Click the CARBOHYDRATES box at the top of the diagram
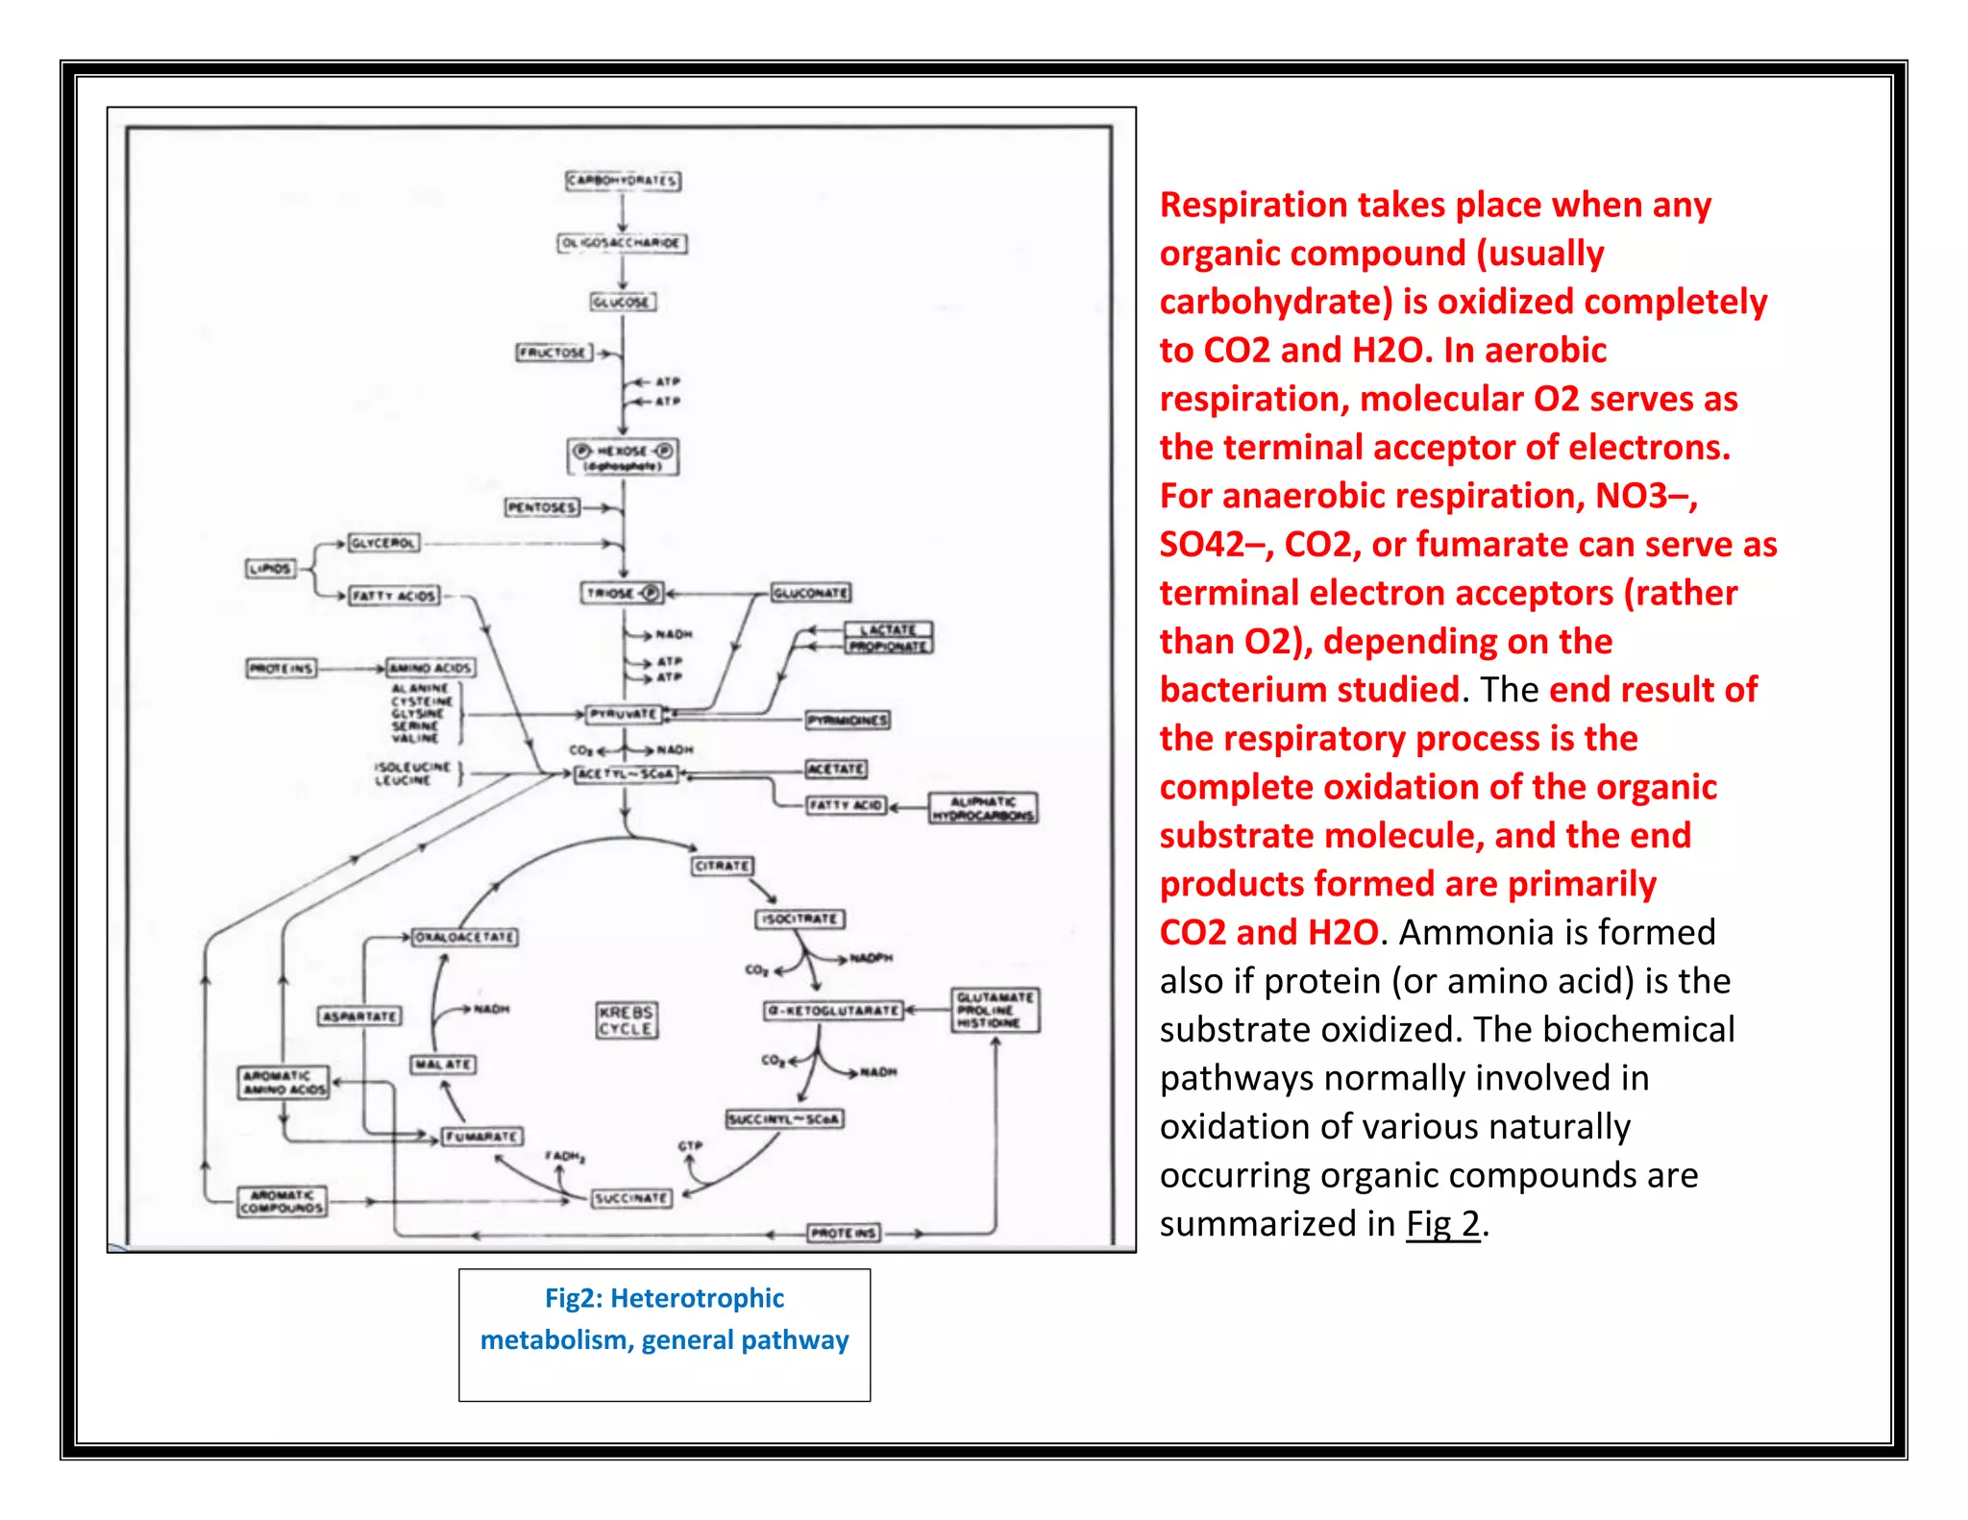[623, 181]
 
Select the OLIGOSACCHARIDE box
[623, 243]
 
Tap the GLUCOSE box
[623, 302]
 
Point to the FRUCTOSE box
[553, 353]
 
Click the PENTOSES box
[543, 507]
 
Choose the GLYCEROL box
[383, 544]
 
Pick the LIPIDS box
[270, 569]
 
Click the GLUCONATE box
[811, 594]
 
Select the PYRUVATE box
[624, 714]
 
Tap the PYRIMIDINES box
[848, 721]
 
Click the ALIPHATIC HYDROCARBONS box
[982, 808]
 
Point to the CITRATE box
[722, 866]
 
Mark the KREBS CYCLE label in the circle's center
[627, 1020]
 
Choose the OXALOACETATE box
[465, 937]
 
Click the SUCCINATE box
[630, 1198]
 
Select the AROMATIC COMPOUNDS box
[282, 1201]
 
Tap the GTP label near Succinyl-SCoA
[690, 1146]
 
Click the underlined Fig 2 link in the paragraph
[1442, 1223]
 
